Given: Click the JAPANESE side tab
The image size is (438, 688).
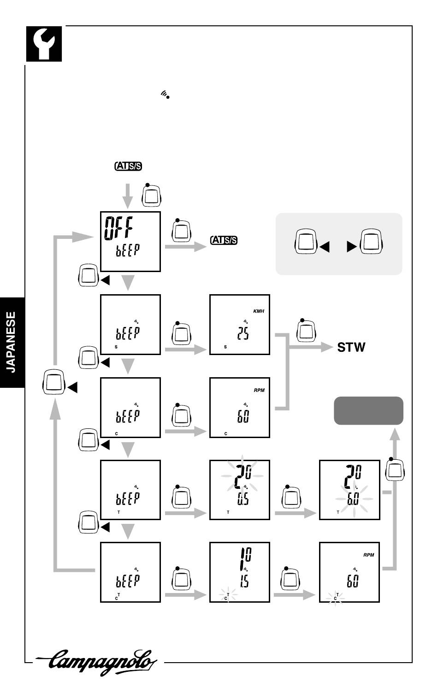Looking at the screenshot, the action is (12, 343).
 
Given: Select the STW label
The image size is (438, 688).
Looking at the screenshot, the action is (351, 347).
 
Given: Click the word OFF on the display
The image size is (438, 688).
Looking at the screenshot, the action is (118, 228).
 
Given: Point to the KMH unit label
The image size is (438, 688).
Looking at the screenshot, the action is (259, 311).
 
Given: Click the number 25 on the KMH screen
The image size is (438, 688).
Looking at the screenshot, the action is (243, 333).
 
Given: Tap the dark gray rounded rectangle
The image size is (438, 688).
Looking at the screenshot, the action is (368, 411).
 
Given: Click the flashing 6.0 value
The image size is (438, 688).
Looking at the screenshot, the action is (353, 499).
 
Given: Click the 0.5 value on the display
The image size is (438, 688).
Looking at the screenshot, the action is (243, 499).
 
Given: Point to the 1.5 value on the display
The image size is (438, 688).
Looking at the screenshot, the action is (244, 581).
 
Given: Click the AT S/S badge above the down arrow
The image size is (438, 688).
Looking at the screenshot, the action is (128, 166).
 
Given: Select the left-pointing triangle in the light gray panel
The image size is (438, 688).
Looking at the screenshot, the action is (325, 247).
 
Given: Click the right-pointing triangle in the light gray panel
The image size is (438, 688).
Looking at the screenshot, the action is (352, 247).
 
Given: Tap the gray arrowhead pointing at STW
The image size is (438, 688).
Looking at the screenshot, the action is (327, 347).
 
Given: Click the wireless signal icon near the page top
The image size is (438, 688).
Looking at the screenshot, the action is (165, 94).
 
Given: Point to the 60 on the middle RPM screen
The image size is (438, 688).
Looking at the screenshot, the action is (243, 416).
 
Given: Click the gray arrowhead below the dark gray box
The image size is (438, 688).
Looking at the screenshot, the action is (395, 434).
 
